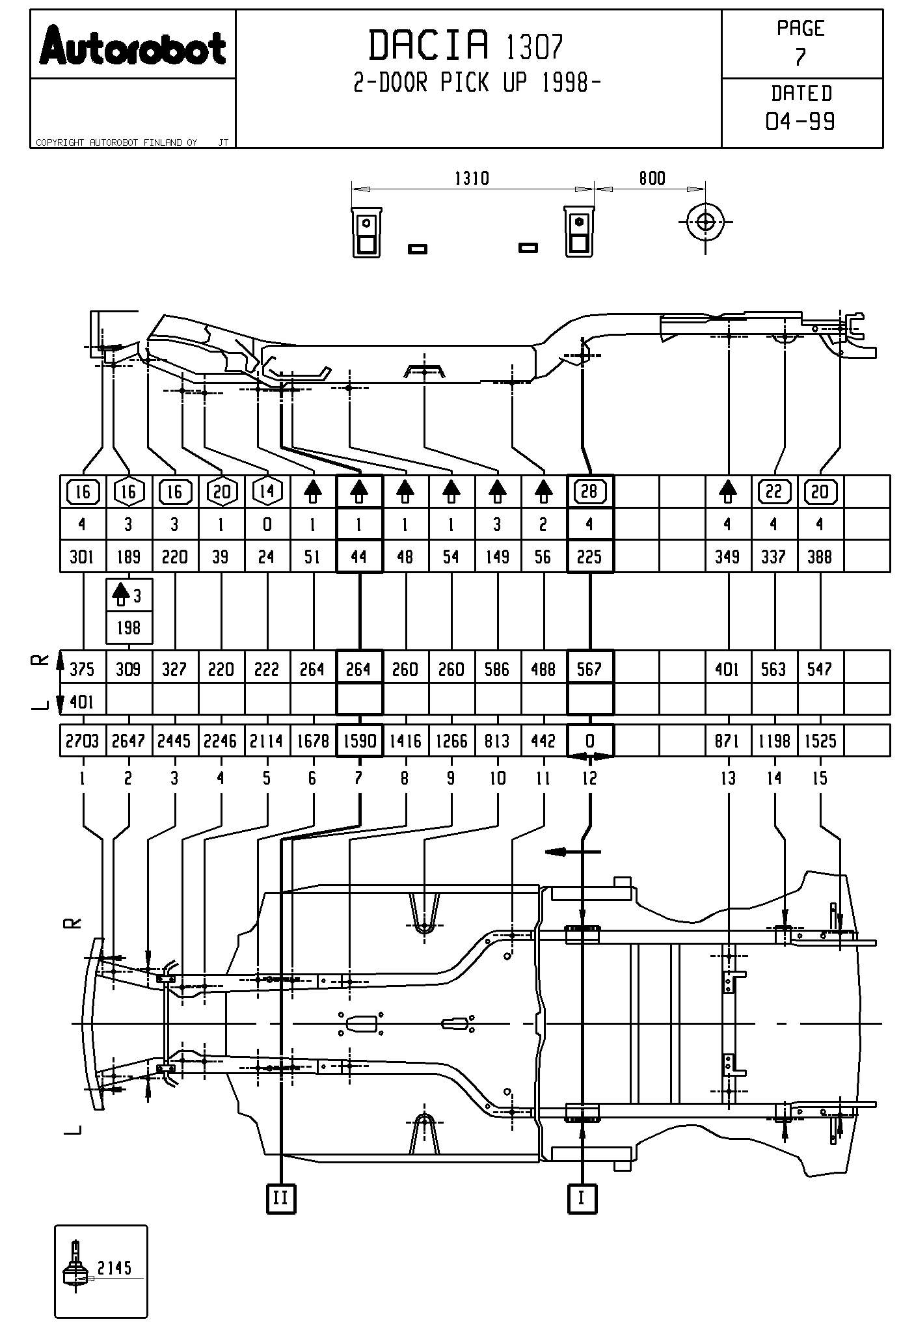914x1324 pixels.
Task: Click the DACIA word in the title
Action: coord(429,46)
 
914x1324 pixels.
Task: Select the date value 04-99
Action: coord(800,122)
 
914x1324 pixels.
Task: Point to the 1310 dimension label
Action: coord(472,178)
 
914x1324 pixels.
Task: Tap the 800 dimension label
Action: coord(652,178)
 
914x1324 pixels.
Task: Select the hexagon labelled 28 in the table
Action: coord(589,491)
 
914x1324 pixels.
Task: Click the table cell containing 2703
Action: coord(83,740)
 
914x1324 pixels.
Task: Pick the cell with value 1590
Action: coord(359,740)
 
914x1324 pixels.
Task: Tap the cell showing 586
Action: coord(497,669)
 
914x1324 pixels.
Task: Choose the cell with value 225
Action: coord(589,557)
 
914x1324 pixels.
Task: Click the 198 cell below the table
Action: coord(129,628)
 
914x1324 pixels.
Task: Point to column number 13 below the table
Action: coord(728,778)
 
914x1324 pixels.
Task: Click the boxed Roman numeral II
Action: coord(281,1198)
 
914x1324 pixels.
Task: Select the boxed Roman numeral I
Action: coord(582,1198)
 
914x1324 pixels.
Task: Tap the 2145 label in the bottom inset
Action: coord(114,1267)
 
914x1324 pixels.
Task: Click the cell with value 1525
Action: coord(820,740)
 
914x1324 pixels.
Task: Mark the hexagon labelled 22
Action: coord(773,491)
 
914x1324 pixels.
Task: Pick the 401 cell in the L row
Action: coord(81,701)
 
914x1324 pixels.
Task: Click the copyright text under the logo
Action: coord(117,142)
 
